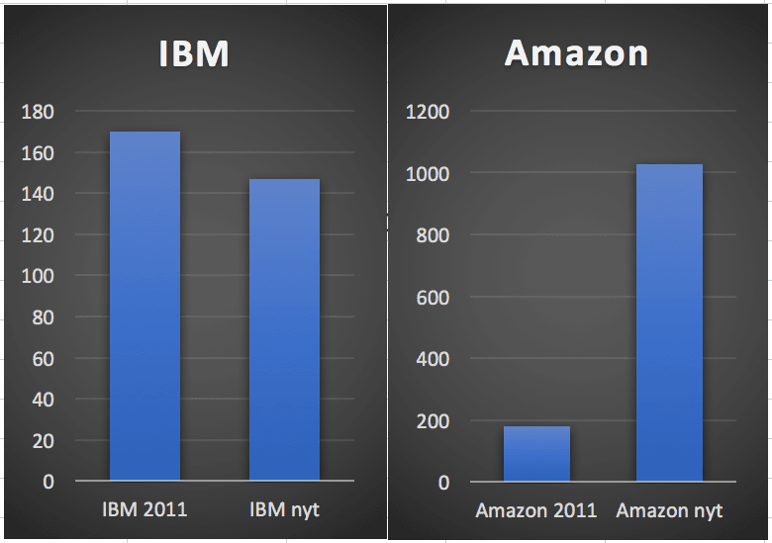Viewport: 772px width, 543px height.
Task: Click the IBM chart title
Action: pyautogui.click(x=194, y=54)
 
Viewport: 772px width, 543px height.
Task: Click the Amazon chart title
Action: pyautogui.click(x=576, y=53)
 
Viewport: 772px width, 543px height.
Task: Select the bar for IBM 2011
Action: pyautogui.click(x=145, y=307)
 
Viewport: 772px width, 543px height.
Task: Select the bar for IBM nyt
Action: pyautogui.click(x=284, y=330)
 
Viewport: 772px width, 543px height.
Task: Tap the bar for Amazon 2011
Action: pyautogui.click(x=536, y=454)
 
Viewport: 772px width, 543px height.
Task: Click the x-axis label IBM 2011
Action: pyautogui.click(x=145, y=509)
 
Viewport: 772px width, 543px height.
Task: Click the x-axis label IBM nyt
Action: pyautogui.click(x=284, y=509)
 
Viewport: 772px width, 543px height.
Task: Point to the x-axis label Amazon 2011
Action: pyautogui.click(x=536, y=510)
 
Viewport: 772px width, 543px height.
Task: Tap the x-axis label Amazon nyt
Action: pyautogui.click(x=669, y=510)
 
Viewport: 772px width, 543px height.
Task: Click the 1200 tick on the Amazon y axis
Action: pyautogui.click(x=428, y=113)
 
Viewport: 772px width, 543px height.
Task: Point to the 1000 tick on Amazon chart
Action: pyautogui.click(x=428, y=174)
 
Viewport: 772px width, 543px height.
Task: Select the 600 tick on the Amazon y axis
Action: pyautogui.click(x=432, y=298)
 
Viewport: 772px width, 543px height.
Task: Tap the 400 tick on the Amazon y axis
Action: pyautogui.click(x=432, y=359)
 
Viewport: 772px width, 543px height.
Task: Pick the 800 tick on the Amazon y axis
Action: pyautogui.click(x=432, y=236)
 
